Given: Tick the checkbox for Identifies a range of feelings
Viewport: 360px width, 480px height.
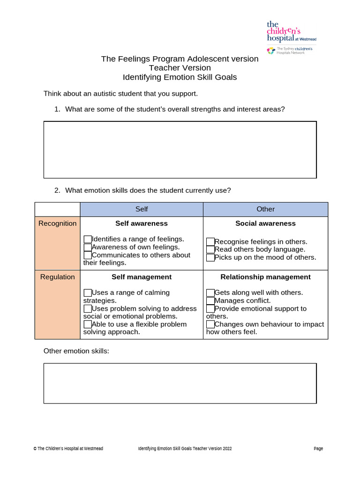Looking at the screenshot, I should (88, 239).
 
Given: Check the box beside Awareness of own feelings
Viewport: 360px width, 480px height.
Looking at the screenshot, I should (88, 247).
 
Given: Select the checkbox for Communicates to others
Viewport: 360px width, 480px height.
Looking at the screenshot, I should (88, 255).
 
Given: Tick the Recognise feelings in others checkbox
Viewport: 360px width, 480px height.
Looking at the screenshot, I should (210, 242).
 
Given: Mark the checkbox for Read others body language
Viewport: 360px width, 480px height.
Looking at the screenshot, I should (210, 250).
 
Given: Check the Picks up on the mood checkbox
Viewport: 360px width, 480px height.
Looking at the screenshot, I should (210, 258).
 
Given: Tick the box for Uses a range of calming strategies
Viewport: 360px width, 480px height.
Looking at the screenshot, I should (88, 293).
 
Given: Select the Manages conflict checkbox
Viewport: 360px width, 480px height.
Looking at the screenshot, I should (210, 301).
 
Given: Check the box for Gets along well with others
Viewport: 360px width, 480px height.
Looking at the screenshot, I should (210, 293).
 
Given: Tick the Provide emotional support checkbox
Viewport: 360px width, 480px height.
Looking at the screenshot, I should (210, 309).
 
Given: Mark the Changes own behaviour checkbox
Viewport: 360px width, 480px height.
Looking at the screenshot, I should (210, 324).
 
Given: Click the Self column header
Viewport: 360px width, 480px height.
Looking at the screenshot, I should (142, 209).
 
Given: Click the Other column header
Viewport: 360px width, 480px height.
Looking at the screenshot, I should (265, 209).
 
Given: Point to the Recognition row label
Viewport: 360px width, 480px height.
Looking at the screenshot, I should (57, 224).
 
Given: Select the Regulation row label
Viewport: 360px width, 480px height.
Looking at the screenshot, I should (57, 277).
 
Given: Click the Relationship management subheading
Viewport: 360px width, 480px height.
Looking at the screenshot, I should (265, 277).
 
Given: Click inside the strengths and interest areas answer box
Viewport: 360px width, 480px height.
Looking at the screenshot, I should (180, 150).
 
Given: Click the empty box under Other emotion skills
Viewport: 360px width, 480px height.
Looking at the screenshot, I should (180, 383).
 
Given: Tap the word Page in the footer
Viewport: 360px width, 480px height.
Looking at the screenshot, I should (318, 449).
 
